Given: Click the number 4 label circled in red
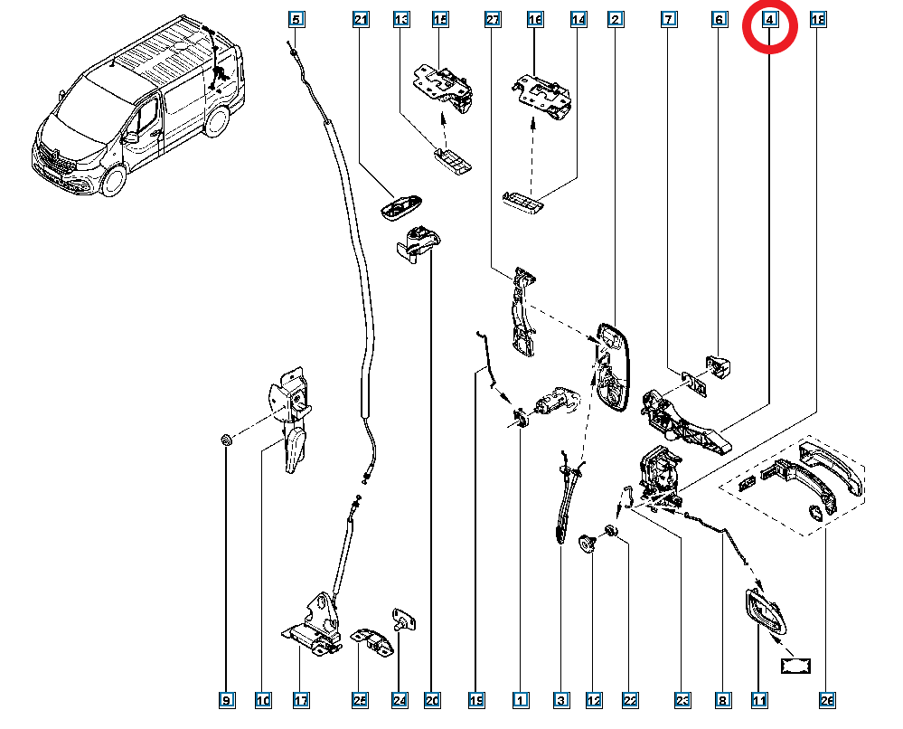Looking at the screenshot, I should pyautogui.click(x=768, y=19).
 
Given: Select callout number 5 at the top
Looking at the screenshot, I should pyautogui.click(x=296, y=19).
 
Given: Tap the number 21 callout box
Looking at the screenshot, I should pyautogui.click(x=361, y=19).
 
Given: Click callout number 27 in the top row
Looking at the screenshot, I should pyautogui.click(x=493, y=19).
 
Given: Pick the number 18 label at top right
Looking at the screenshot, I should pyautogui.click(x=819, y=19).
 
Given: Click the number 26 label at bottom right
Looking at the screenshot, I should pyautogui.click(x=827, y=700).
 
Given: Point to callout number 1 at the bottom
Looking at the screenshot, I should pyautogui.click(x=520, y=700).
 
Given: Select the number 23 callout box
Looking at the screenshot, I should pyautogui.click(x=682, y=700).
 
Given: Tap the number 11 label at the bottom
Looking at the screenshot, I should pyautogui.click(x=758, y=700).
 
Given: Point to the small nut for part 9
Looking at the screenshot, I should pyautogui.click(x=227, y=440).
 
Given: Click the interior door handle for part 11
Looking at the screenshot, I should pyautogui.click(x=764, y=614).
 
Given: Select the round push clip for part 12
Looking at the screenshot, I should pyautogui.click(x=588, y=542).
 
